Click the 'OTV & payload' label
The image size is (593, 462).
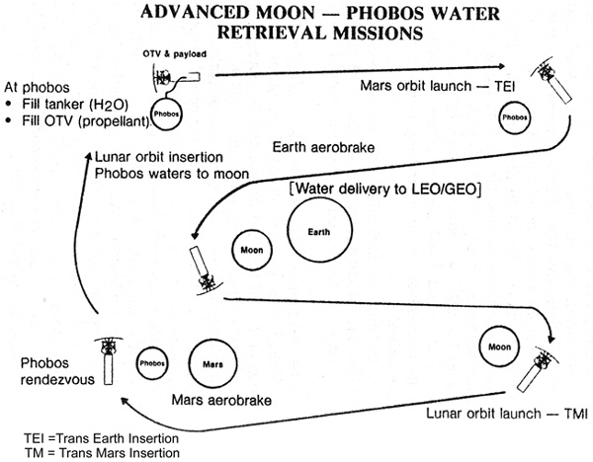coord(174,54)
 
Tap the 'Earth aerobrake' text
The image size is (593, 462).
coord(323,147)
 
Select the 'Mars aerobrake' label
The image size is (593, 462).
coord(221,400)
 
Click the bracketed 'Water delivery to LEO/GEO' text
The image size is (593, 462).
coord(385,189)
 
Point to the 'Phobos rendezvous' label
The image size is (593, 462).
coord(57,371)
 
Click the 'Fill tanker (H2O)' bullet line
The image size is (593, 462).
coord(67,104)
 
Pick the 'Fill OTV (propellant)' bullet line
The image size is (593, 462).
coord(78,120)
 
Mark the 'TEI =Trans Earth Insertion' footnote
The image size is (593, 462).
coord(102,438)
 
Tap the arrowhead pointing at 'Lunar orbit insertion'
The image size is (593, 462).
coord(89,155)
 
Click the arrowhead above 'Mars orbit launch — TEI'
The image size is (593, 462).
coord(501,66)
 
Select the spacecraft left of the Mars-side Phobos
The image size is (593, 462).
coord(108,360)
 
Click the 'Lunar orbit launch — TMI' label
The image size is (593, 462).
coord(507,414)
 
